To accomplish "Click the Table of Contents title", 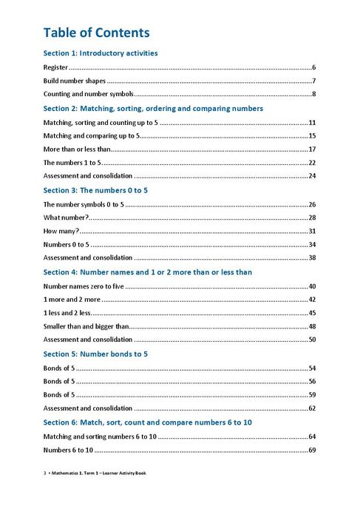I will coord(97,33).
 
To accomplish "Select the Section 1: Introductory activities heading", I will coord(101,53).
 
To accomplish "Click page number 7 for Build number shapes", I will coord(313,81).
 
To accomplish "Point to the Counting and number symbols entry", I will coord(88,94).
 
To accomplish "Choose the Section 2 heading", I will coord(153,108).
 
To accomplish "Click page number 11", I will coord(312,122).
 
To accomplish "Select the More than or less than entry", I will coord(77,149).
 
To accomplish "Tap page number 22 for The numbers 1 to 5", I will coord(312,163).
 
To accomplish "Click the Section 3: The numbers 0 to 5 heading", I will coord(95,190).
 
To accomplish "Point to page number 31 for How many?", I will coord(312,231).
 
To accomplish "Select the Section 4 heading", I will coord(148,272).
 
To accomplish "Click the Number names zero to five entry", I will coord(81,286).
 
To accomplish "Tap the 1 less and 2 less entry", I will coord(67,313).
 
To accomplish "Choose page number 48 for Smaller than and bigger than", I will coord(312,326).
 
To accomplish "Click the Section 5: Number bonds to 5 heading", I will coord(96,354).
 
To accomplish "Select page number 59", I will coord(312,395).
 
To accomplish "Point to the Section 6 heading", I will coord(148,422).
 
